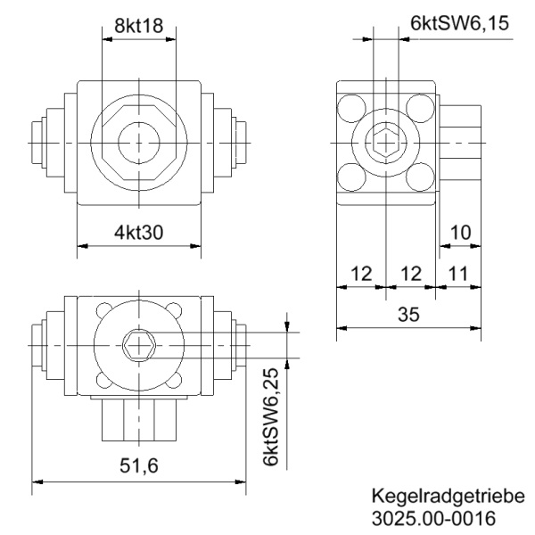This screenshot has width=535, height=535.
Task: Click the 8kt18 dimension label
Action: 139,27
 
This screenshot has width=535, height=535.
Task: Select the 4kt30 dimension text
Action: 139,232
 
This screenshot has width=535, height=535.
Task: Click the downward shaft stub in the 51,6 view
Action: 139,420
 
